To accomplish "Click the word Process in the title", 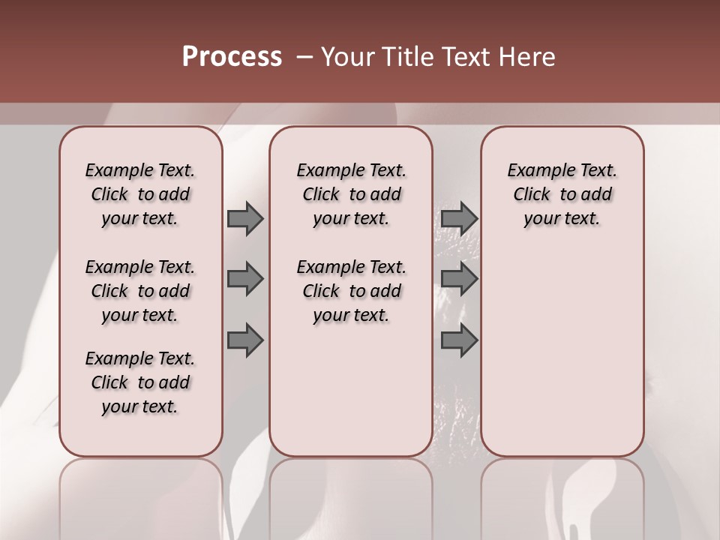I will (x=232, y=56).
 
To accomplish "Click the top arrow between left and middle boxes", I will (x=245, y=218).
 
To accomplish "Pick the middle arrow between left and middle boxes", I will (x=245, y=279).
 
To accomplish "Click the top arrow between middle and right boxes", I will (x=459, y=218).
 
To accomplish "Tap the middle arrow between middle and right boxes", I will (x=459, y=279).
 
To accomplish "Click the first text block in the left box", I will (x=140, y=194).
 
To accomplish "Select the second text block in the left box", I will (x=140, y=291).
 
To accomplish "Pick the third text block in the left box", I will (x=140, y=382).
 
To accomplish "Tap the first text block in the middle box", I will (x=351, y=194).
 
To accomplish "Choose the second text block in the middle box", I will (x=351, y=291).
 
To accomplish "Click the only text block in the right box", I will (x=562, y=194).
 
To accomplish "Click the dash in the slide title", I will (x=304, y=56).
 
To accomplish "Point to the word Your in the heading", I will (x=346, y=56).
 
